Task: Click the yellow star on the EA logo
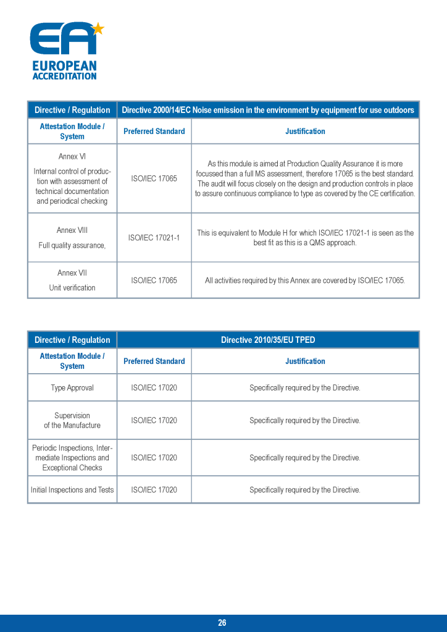(98, 28)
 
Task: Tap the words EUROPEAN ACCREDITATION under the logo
(64, 70)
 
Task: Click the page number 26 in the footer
(222, 623)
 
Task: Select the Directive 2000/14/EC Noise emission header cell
(268, 110)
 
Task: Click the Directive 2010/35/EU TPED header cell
(268, 340)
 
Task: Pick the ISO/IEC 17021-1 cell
(154, 238)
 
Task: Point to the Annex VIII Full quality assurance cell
(72, 238)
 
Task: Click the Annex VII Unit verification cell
(72, 280)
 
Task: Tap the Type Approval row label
(72, 388)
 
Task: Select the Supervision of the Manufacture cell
(72, 420)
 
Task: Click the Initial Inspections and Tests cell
(72, 490)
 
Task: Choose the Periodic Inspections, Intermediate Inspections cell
(72, 458)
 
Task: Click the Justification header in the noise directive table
(305, 131)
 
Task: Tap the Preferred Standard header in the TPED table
(154, 361)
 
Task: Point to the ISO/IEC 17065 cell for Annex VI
(154, 179)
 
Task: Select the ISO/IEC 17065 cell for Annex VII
(154, 280)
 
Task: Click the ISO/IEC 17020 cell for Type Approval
(154, 388)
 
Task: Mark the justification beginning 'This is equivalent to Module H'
(305, 238)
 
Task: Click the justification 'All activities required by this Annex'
(305, 280)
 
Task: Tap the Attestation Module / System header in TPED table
(72, 361)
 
